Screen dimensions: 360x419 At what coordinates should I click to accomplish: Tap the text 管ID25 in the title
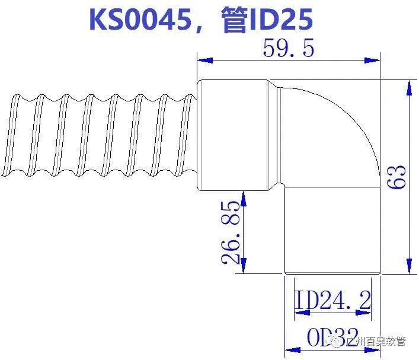click(266, 20)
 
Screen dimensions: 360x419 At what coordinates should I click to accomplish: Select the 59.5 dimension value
click(288, 49)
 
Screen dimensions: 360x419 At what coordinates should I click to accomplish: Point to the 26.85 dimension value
click(231, 232)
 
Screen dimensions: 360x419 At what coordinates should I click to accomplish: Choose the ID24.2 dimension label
click(333, 301)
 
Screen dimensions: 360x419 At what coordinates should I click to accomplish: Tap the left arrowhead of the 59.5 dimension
click(204, 60)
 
